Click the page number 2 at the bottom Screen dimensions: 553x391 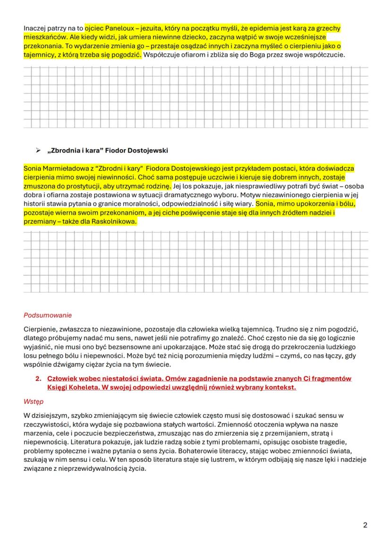pyautogui.click(x=365, y=525)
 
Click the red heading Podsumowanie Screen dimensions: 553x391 pyautogui.click(x=48, y=315)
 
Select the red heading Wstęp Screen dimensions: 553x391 pyautogui.click(x=33, y=401)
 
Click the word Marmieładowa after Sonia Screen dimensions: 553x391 pyautogui.click(x=64, y=168)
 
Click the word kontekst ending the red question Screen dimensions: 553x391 pyautogui.click(x=280, y=387)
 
